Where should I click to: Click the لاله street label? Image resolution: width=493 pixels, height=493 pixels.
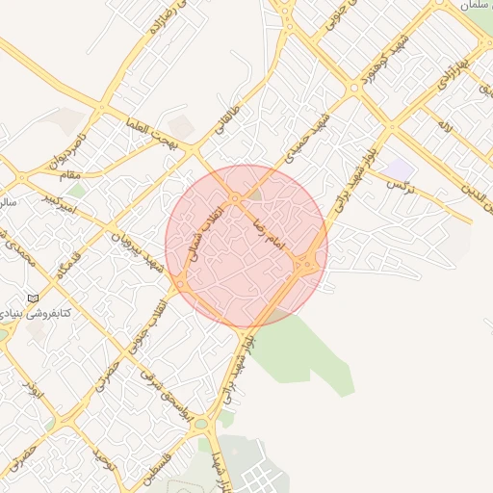pyautogui.click(x=443, y=125)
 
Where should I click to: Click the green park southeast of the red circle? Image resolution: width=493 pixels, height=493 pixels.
pyautogui.click(x=308, y=351)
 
